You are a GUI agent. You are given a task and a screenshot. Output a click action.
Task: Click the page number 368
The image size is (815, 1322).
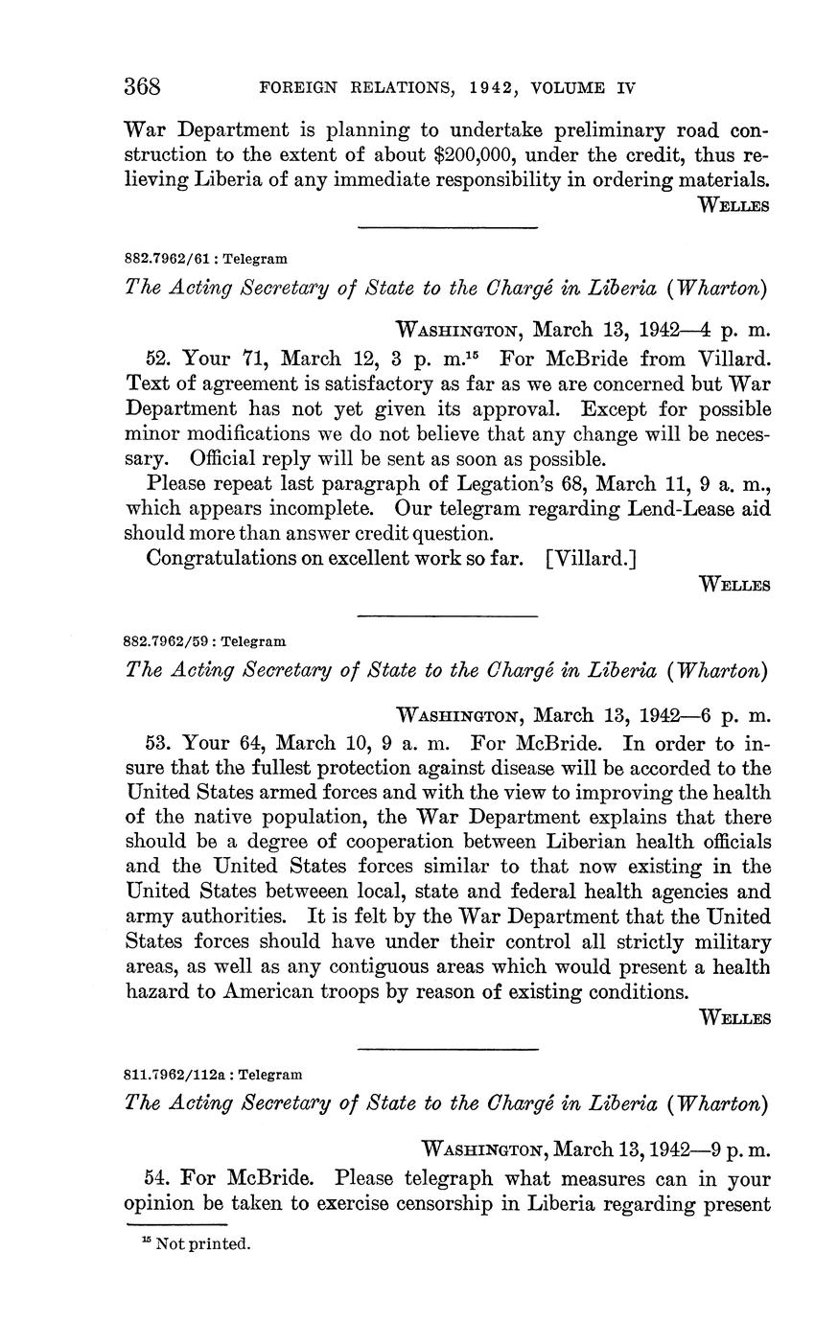coord(142,87)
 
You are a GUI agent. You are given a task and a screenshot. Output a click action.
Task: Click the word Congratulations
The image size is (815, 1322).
coord(221,558)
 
